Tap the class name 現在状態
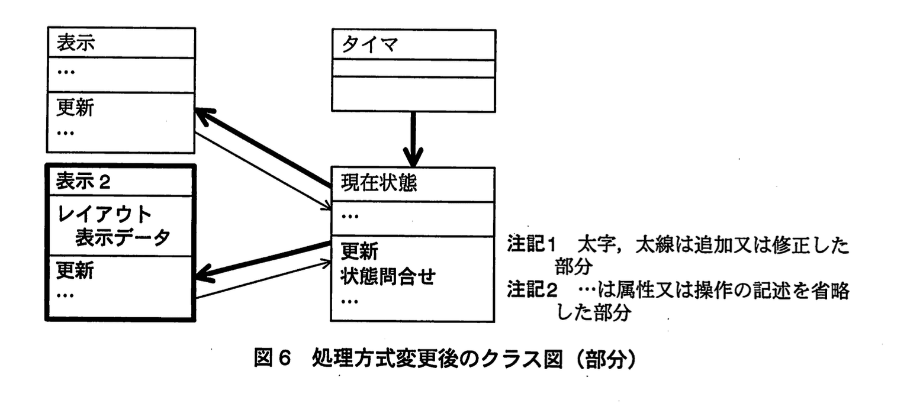click(x=379, y=184)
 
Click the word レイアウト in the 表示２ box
click(x=104, y=213)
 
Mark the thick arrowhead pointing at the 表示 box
click(x=204, y=117)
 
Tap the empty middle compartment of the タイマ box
click(x=413, y=69)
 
